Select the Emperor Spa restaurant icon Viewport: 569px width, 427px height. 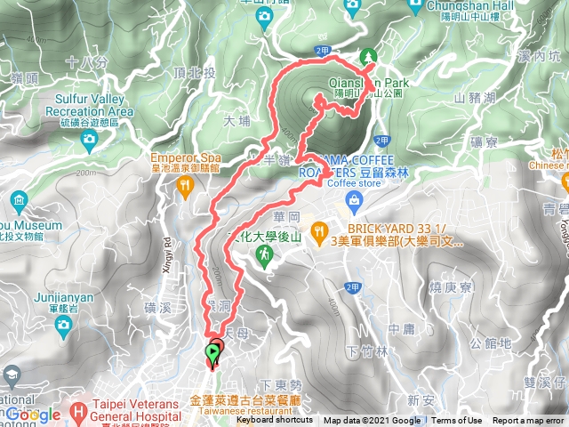pos(185,186)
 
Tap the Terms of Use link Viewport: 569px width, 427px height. pos(458,421)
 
